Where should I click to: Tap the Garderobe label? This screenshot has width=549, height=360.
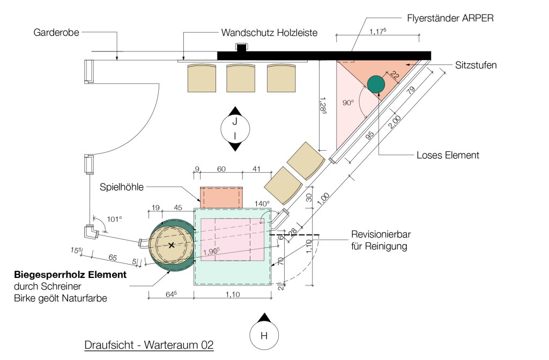56,32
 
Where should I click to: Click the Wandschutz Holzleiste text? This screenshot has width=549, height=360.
269,33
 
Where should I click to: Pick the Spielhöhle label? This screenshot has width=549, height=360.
121,187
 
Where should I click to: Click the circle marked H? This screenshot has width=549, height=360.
263,336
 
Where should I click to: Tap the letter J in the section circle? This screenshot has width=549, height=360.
234,122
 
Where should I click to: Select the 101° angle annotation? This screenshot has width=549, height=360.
115,219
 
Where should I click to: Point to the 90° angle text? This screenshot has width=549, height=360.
348,102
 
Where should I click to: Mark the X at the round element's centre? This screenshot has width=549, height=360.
172,245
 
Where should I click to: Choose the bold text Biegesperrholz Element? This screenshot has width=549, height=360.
70,275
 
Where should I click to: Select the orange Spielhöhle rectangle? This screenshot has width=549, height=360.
221,197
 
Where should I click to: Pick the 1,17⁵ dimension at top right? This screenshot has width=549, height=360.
379,33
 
